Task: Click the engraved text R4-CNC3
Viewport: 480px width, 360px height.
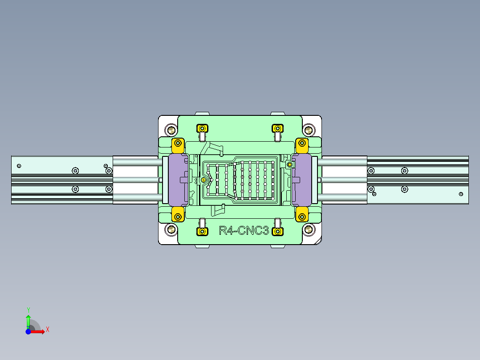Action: click(244, 231)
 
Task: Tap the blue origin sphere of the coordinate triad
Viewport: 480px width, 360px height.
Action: click(28, 331)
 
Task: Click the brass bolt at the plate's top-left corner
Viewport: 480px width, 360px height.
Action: click(171, 130)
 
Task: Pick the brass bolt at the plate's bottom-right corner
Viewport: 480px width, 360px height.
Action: click(308, 229)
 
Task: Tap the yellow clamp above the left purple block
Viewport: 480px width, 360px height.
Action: click(178, 144)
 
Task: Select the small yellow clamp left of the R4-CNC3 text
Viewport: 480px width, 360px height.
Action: click(202, 231)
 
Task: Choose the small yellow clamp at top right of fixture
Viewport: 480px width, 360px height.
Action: click(278, 128)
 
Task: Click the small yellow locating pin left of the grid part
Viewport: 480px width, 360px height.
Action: click(204, 180)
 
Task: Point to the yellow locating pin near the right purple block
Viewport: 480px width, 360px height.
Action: click(289, 165)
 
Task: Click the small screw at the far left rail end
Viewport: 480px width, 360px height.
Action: click(19, 166)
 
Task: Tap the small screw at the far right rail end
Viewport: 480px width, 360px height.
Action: click(461, 194)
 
